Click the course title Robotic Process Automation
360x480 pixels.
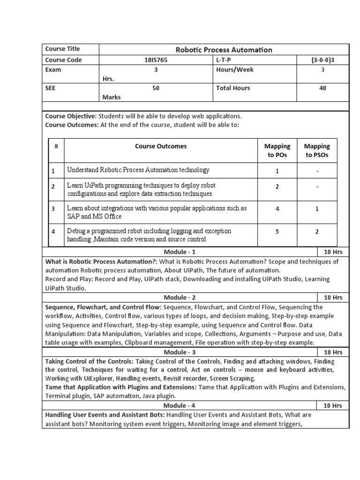coord(224,50)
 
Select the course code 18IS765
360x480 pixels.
coord(155,60)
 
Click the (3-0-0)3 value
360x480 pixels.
coord(322,60)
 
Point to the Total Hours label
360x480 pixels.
coord(233,88)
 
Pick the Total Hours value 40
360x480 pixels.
coord(322,88)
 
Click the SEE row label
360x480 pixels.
coord(51,88)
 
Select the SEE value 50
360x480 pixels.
coord(156,88)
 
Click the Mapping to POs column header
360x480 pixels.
coord(277,150)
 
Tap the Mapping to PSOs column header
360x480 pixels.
coord(317,150)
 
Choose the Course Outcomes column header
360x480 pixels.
coord(161,146)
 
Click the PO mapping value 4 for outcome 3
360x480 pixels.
coord(277,209)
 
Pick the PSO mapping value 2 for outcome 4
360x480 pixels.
coord(317,232)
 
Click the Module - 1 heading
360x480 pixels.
coord(180,252)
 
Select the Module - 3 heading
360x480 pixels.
coord(180,352)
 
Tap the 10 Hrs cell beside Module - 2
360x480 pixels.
coord(333,298)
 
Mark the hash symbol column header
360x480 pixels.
coord(56,146)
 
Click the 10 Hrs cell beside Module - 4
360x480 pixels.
coord(333,405)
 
